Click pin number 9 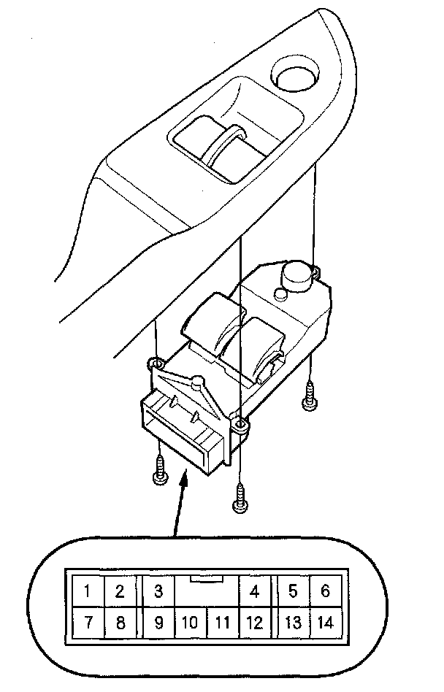pos(158,623)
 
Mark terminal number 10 pos(189,623)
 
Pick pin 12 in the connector pos(254,623)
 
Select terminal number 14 pos(325,623)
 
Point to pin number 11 pos(223,623)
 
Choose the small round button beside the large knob pos(278,294)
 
